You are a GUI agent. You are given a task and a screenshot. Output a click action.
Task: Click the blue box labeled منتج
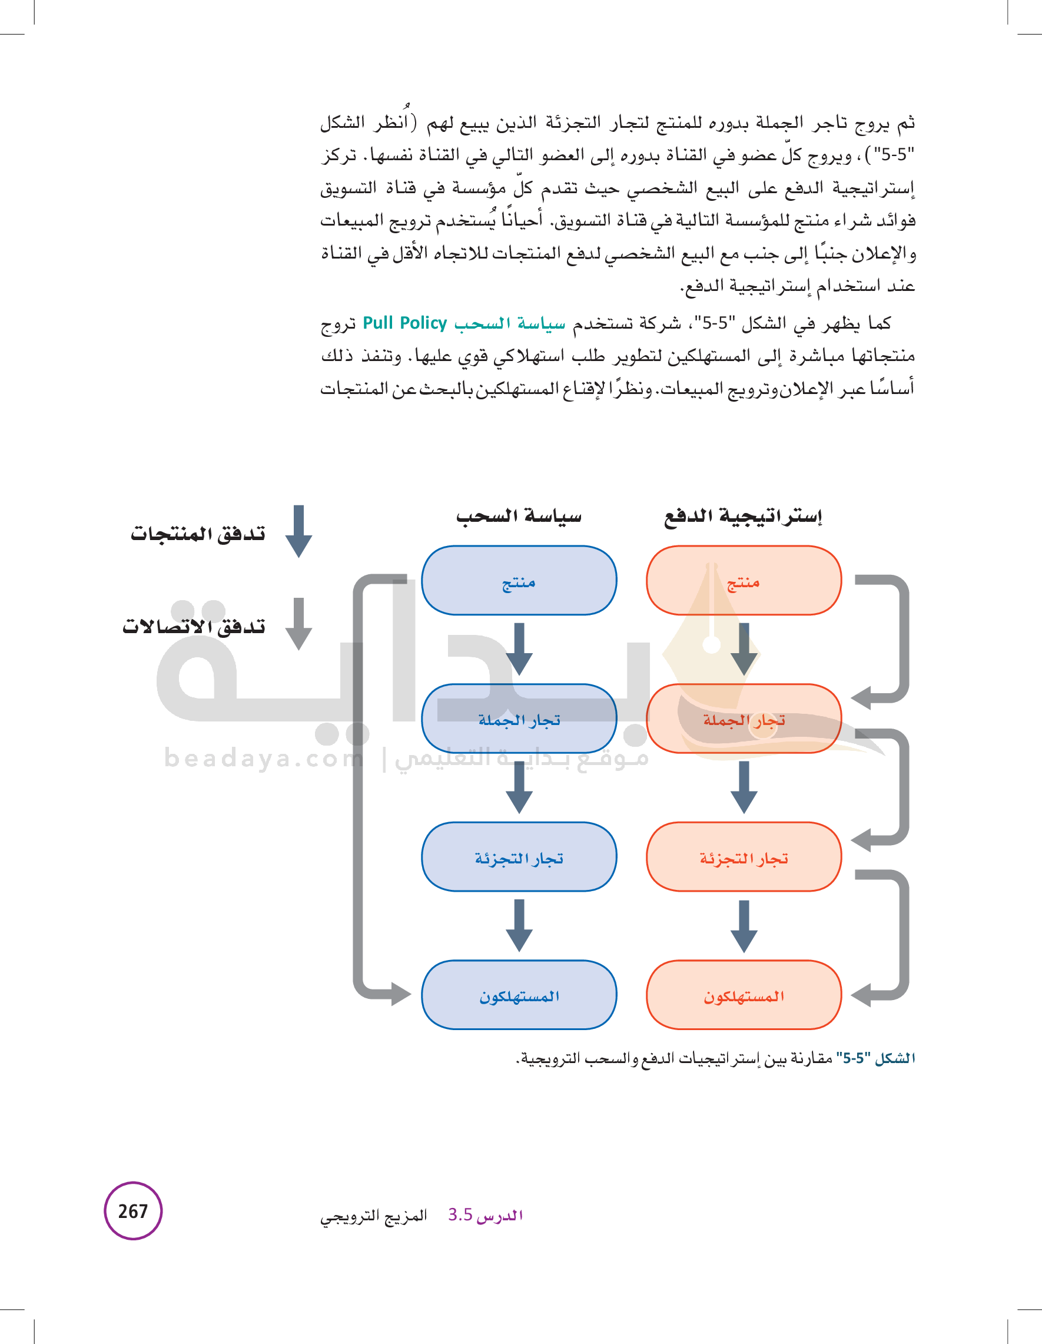click(519, 580)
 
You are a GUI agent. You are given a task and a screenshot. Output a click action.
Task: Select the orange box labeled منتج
click(743, 580)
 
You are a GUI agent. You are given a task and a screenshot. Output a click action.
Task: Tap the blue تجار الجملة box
click(519, 718)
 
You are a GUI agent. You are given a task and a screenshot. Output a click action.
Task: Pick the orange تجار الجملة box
click(743, 718)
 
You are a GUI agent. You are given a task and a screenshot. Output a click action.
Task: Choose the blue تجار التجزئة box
click(519, 856)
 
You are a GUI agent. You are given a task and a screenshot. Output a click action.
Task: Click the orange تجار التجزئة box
click(743, 856)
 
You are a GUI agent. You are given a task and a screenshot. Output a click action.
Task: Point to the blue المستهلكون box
click(519, 995)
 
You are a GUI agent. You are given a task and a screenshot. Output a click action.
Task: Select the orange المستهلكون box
click(743, 995)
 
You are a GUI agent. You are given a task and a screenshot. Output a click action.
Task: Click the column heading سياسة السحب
click(519, 516)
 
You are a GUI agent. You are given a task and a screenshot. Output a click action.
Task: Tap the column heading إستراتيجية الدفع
click(743, 516)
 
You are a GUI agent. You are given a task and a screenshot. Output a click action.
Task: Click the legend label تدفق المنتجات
click(197, 533)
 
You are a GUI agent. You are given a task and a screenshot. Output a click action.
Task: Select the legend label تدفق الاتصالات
click(194, 626)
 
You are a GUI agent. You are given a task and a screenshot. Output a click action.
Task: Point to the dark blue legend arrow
click(299, 531)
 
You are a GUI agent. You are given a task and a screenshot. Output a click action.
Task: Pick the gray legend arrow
click(299, 623)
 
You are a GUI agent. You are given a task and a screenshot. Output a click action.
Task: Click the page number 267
click(133, 1210)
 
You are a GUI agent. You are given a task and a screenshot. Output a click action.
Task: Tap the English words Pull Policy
click(405, 323)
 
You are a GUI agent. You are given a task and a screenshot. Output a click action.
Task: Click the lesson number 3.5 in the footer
click(460, 1215)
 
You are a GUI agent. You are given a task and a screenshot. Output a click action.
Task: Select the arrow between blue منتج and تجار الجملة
click(519, 648)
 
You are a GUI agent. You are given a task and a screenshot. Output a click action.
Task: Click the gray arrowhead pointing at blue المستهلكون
click(400, 993)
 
